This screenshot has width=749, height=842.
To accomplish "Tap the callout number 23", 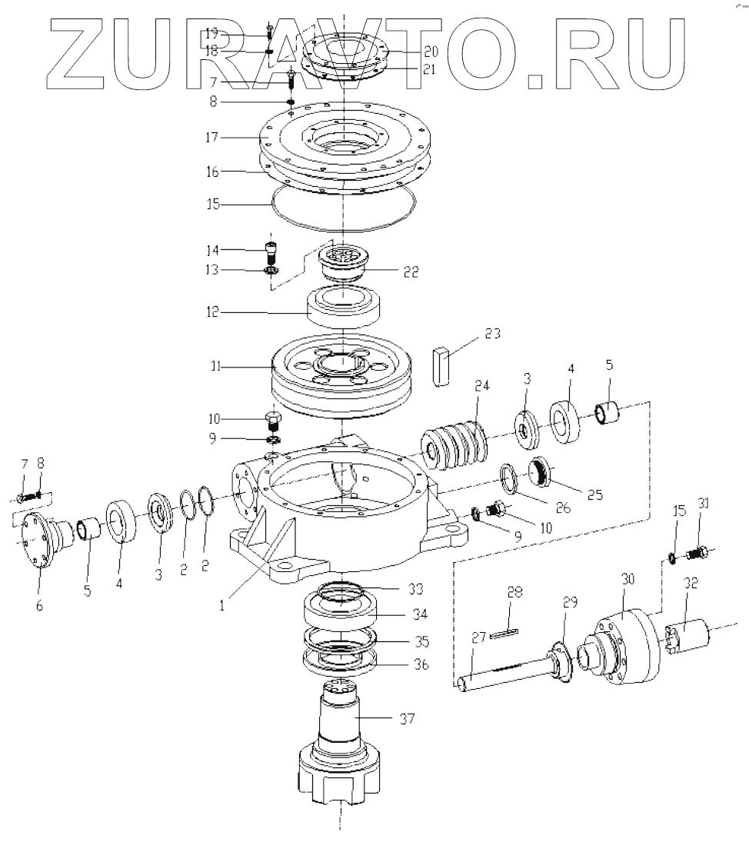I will (493, 334).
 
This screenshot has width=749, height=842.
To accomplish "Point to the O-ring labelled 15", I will (342, 216).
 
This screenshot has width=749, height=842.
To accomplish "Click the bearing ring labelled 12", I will (345, 308).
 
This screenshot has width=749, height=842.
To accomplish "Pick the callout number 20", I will (431, 52).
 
